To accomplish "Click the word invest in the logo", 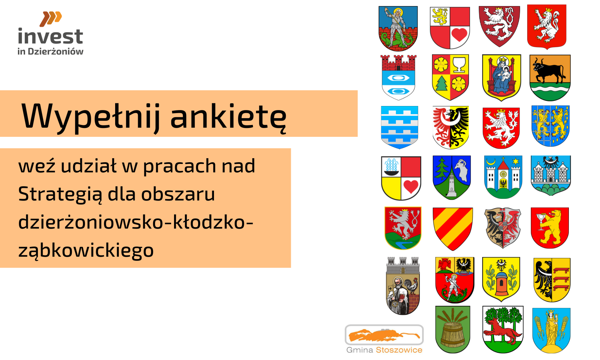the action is click(50, 37).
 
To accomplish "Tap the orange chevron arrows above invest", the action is click(51, 19).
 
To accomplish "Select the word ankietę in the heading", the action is click(228, 116).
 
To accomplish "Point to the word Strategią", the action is click(60, 194).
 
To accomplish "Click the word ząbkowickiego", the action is click(86, 251).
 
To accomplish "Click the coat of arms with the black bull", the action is click(550, 78).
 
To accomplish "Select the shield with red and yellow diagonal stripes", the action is click(453, 229).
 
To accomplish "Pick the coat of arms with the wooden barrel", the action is click(453, 330).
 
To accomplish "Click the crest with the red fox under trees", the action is click(503, 330).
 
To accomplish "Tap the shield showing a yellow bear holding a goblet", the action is click(550, 228).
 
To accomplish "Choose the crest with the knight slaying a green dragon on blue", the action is click(398, 28).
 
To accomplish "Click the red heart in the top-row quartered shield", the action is click(459, 35).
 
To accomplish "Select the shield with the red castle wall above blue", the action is click(399, 78).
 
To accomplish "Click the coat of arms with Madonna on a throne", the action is click(501, 78).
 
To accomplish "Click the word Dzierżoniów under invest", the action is click(56, 51).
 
